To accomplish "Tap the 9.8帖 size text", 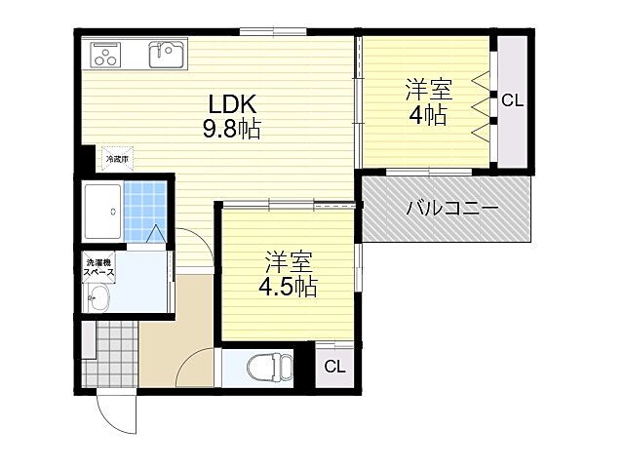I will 232,128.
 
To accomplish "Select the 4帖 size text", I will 427,116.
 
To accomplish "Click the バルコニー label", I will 450,209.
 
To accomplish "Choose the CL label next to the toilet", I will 334,367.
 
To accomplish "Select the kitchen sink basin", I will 167,54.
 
